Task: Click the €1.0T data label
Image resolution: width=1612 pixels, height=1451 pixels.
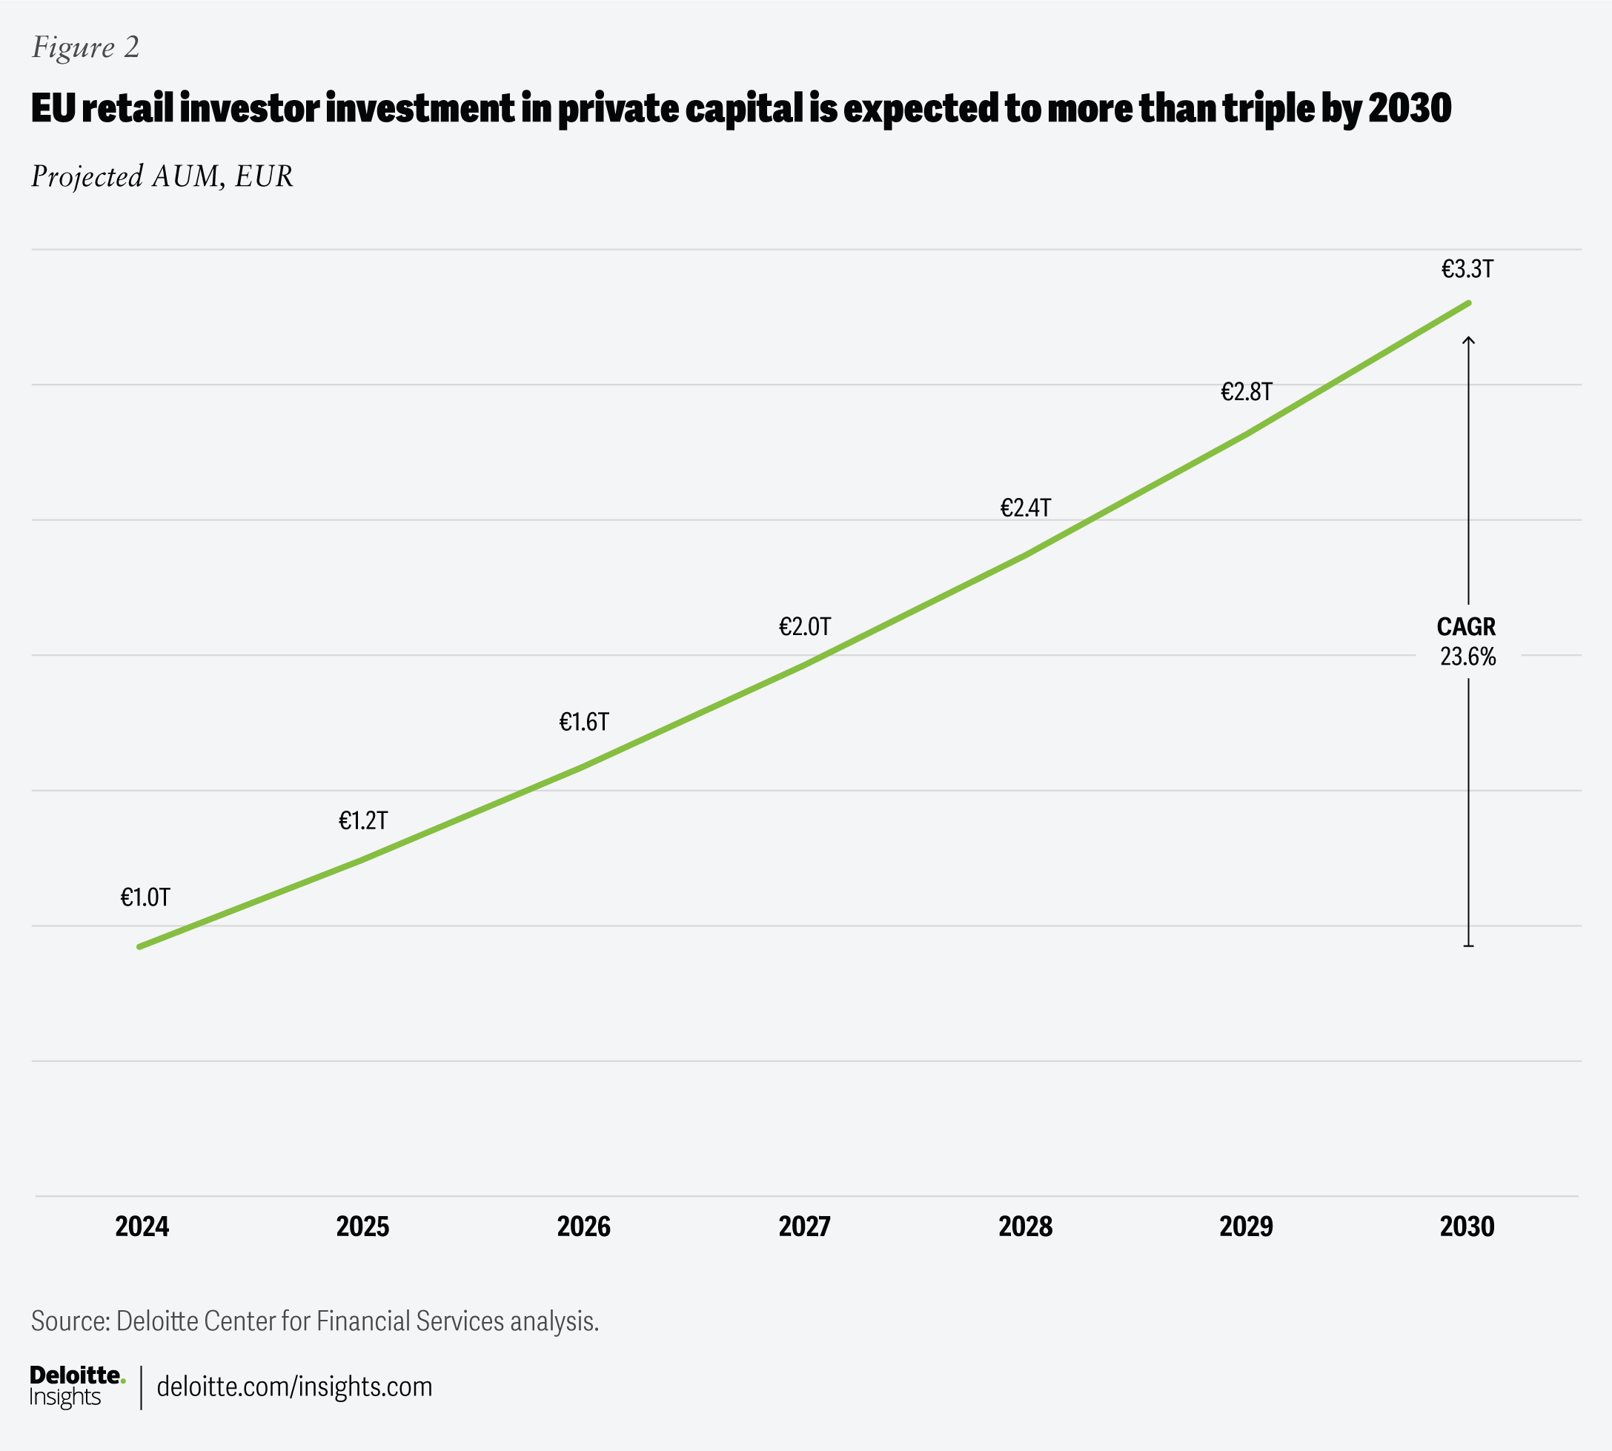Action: coord(145,897)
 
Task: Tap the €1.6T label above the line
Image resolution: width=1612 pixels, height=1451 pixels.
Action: coord(583,723)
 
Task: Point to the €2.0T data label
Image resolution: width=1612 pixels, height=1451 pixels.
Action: coord(804,627)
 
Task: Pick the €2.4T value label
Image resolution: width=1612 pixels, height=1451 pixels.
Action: coord(1025,508)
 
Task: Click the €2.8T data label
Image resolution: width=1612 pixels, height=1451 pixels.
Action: coord(1246,391)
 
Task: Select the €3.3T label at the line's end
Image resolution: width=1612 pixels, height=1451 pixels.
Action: coord(1467,270)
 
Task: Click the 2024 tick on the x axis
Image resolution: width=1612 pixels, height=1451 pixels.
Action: coord(142,1226)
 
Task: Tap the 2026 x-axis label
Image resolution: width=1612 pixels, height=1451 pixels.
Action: coord(583,1226)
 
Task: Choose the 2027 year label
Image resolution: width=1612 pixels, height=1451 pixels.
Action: coord(804,1226)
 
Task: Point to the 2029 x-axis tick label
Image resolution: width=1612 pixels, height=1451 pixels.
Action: coord(1246,1226)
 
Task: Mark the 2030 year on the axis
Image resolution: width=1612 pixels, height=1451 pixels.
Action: coord(1467,1226)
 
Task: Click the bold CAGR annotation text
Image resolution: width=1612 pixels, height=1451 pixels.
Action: coord(1466,627)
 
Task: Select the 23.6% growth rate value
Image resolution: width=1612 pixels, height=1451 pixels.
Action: coord(1467,657)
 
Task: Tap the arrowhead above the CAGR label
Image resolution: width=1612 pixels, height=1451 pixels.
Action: coord(1468,340)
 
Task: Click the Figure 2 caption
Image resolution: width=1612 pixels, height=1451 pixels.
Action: coord(85,48)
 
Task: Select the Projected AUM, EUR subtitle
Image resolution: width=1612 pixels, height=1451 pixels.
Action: coord(162,176)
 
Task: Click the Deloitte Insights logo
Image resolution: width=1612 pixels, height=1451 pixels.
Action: coord(76,1387)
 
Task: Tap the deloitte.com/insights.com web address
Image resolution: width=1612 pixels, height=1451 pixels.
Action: coord(294,1387)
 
